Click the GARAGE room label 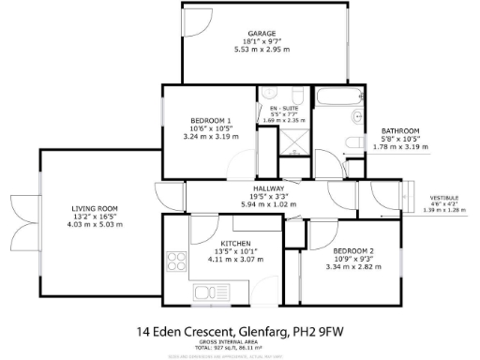coord(262,34)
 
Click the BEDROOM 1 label coord(210,121)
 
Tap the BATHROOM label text coord(399,130)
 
